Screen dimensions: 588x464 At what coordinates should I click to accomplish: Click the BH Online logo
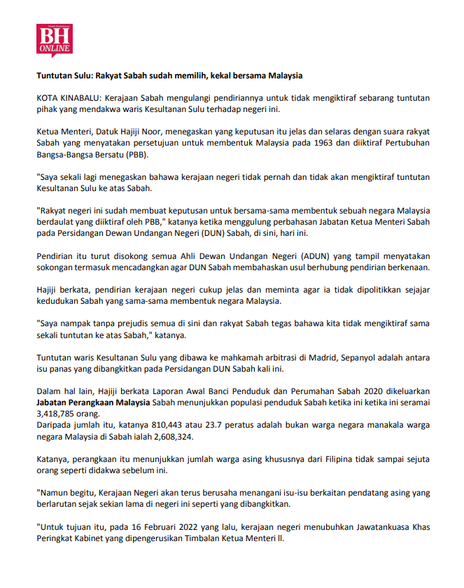tap(55, 41)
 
